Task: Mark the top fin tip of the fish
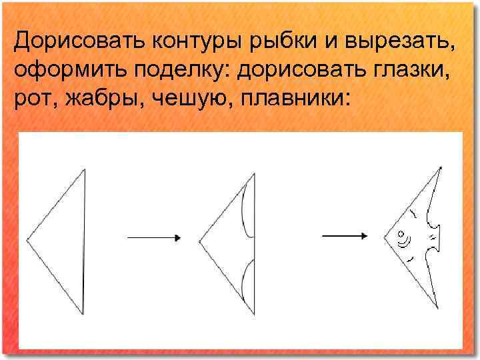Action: tap(439, 167)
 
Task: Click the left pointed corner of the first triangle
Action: tap(28, 238)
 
